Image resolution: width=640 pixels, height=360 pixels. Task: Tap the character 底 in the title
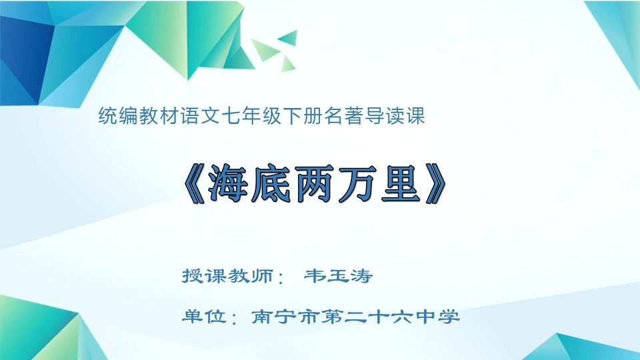pos(272,183)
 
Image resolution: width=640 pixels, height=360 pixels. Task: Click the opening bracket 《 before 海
pos(194,183)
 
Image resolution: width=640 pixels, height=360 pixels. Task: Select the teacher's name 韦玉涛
pos(337,275)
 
